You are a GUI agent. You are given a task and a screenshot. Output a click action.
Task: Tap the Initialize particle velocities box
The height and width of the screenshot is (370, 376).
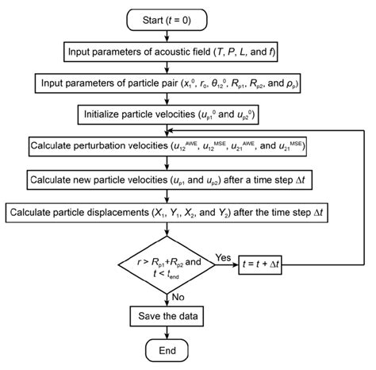point(171,114)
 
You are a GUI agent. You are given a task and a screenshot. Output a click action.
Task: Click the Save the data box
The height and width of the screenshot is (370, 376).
point(171,316)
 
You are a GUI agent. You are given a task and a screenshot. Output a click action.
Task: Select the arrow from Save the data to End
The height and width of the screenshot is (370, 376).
point(171,332)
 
